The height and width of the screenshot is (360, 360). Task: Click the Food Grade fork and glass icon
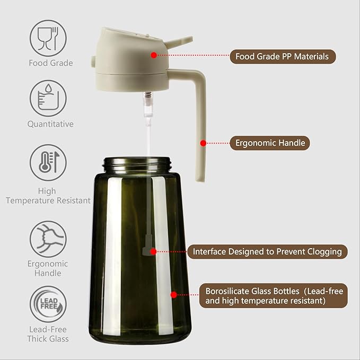pos(48,38)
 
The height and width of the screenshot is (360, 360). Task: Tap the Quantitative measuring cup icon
pos(48,98)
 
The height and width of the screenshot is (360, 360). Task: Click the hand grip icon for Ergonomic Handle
pos(48,239)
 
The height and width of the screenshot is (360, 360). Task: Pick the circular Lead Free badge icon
pos(48,304)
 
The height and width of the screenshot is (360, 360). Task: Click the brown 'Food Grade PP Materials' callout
pos(283,56)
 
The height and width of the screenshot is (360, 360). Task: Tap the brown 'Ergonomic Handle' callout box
pos(269,143)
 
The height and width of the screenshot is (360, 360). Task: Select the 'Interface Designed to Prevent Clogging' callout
pos(267,251)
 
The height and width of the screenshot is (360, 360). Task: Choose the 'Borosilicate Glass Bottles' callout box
pos(273,295)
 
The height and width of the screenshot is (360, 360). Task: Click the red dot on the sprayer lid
pos(153,55)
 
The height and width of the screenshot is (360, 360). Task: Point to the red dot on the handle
pos(203,143)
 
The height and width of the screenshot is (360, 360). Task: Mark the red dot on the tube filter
pos(153,251)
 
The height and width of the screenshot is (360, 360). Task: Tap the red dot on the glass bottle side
pos(173,294)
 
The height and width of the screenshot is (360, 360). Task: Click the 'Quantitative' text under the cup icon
pos(50,124)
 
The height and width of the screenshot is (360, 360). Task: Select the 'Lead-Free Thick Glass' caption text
pos(48,334)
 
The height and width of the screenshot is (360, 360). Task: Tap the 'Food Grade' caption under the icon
pos(50,63)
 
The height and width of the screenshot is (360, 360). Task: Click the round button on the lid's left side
pos(93,61)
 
